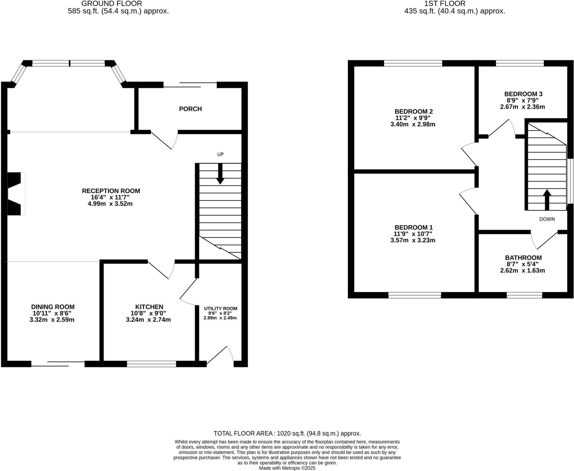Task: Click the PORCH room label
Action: pyautogui.click(x=190, y=109)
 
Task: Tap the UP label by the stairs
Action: pyautogui.click(x=220, y=154)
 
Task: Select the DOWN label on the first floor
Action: pyautogui.click(x=547, y=219)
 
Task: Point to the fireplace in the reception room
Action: pyautogui.click(x=15, y=194)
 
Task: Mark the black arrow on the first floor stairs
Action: pyautogui.click(x=547, y=199)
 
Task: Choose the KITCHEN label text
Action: pyautogui.click(x=149, y=307)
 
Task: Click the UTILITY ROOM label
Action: pyautogui.click(x=221, y=309)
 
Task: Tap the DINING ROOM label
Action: pyautogui.click(x=53, y=307)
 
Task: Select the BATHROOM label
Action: pyautogui.click(x=523, y=258)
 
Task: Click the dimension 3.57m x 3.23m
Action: pyautogui.click(x=413, y=240)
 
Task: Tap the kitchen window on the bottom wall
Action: pyautogui.click(x=151, y=364)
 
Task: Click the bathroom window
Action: pyautogui.click(x=524, y=295)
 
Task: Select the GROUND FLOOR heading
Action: pyautogui.click(x=112, y=4)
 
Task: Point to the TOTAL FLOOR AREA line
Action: pyautogui.click(x=287, y=433)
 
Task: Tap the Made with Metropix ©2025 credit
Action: pyautogui.click(x=287, y=468)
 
